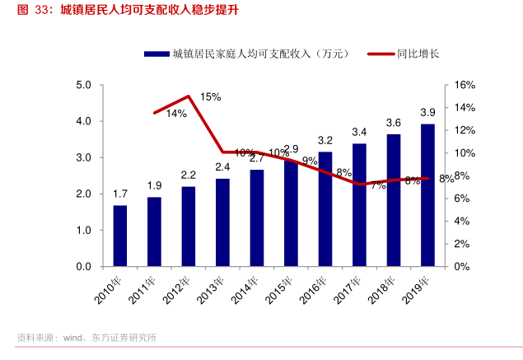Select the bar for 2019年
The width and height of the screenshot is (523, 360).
428,195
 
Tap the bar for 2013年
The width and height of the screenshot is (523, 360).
223,222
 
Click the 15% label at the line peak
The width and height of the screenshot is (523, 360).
210,97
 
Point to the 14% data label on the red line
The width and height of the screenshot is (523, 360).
176,114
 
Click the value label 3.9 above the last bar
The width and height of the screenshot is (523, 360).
428,112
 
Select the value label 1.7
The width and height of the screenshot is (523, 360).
120,194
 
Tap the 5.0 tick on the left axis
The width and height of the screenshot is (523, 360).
83,85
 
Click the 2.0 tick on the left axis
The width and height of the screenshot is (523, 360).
83,194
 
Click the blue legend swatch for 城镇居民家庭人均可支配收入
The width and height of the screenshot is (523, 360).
156,54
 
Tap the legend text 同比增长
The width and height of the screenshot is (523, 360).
418,54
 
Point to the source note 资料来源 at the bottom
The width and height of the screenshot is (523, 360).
86,338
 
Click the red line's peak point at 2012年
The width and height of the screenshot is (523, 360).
189,96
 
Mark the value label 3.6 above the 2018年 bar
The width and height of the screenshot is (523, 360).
394,123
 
